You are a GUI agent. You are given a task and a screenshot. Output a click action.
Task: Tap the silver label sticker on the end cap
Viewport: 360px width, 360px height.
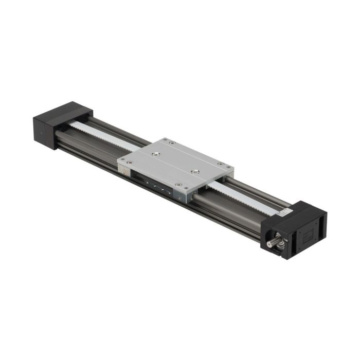280,211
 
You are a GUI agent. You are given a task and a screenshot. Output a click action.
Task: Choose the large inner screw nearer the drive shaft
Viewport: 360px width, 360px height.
195,172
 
